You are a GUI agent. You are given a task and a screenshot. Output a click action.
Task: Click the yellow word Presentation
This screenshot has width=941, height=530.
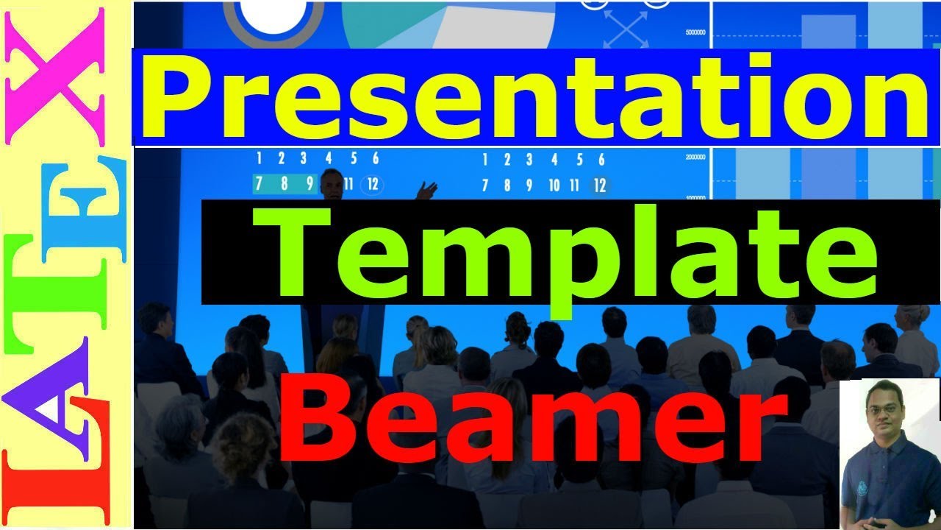point(535,96)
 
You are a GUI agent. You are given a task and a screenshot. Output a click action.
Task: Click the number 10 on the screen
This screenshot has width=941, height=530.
point(554,185)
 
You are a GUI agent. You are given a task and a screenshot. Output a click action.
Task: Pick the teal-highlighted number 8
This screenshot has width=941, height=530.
point(284,184)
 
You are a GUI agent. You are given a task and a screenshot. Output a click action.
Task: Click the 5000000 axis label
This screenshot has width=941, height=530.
point(695,32)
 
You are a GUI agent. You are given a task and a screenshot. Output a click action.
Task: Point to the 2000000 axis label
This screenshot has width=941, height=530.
point(695,157)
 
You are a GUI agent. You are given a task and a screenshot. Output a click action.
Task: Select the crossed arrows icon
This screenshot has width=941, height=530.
point(626,29)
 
